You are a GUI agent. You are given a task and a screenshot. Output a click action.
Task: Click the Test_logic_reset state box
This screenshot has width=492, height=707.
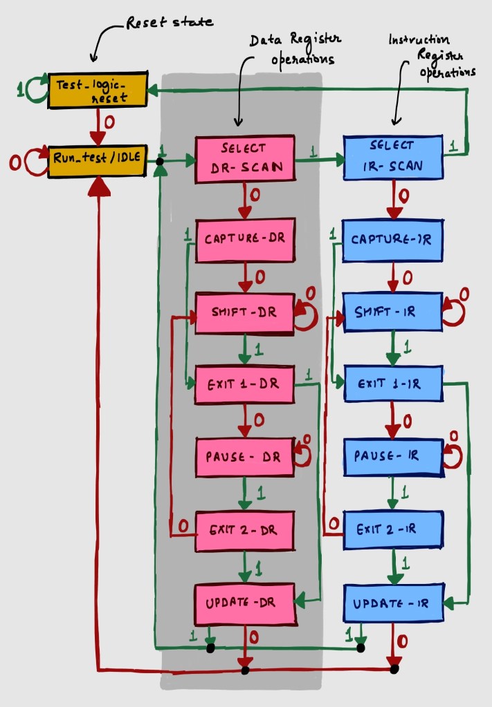point(97,89)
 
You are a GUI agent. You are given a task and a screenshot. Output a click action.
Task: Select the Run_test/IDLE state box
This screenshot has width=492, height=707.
point(97,158)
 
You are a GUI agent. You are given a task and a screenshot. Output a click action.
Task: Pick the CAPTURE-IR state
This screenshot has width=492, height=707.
point(392,241)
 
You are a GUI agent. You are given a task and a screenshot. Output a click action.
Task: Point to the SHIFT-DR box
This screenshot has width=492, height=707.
point(244,312)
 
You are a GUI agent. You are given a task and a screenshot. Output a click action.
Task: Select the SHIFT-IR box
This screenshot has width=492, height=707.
point(392,312)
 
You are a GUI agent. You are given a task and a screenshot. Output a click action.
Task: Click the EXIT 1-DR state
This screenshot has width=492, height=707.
point(244,383)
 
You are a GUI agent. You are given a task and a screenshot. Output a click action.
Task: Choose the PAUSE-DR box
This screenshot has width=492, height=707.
point(244,457)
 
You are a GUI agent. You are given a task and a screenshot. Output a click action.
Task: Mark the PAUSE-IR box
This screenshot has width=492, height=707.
point(392,457)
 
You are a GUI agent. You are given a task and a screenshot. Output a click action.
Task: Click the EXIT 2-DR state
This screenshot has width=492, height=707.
point(244,531)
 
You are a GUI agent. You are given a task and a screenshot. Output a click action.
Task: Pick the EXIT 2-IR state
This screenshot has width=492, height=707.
point(392,530)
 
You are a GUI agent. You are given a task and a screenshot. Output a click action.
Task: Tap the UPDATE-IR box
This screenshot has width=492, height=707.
point(392,603)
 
